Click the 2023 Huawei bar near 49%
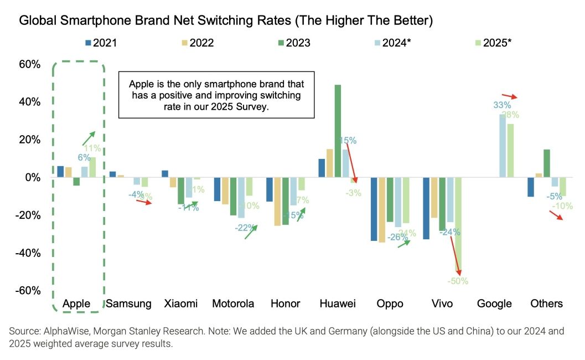(338, 131)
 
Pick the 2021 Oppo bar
(374, 209)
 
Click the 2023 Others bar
(547, 163)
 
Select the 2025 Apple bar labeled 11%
(92, 167)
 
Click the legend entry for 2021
(101, 43)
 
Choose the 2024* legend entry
(394, 43)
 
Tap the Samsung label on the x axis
(128, 304)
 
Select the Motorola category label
(233, 304)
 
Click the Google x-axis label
(495, 304)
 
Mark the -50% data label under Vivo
(458, 281)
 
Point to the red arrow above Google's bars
(510, 96)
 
